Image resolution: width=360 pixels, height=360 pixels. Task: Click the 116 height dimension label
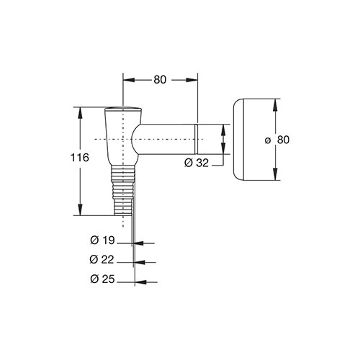(x=80, y=158)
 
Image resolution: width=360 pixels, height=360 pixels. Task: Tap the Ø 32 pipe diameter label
(x=197, y=163)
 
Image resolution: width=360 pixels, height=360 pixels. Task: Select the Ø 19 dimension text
(x=103, y=240)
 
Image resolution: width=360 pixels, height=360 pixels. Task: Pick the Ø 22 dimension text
(x=102, y=259)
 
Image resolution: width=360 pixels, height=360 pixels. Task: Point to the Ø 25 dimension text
(x=103, y=279)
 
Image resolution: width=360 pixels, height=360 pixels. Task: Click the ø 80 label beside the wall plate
(x=277, y=140)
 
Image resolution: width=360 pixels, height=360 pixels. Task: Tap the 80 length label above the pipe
(x=160, y=80)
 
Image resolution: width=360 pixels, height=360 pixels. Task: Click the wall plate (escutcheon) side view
(x=238, y=140)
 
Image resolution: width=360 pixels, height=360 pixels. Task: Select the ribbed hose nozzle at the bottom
(x=123, y=190)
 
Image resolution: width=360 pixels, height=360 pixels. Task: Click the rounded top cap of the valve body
(x=123, y=109)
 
